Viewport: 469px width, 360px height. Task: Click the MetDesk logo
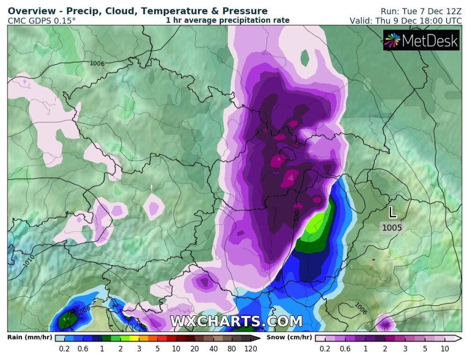421,41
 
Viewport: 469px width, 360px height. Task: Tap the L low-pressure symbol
392,213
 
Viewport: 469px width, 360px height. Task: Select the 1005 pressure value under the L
391,228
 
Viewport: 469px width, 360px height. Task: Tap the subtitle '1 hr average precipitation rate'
227,20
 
